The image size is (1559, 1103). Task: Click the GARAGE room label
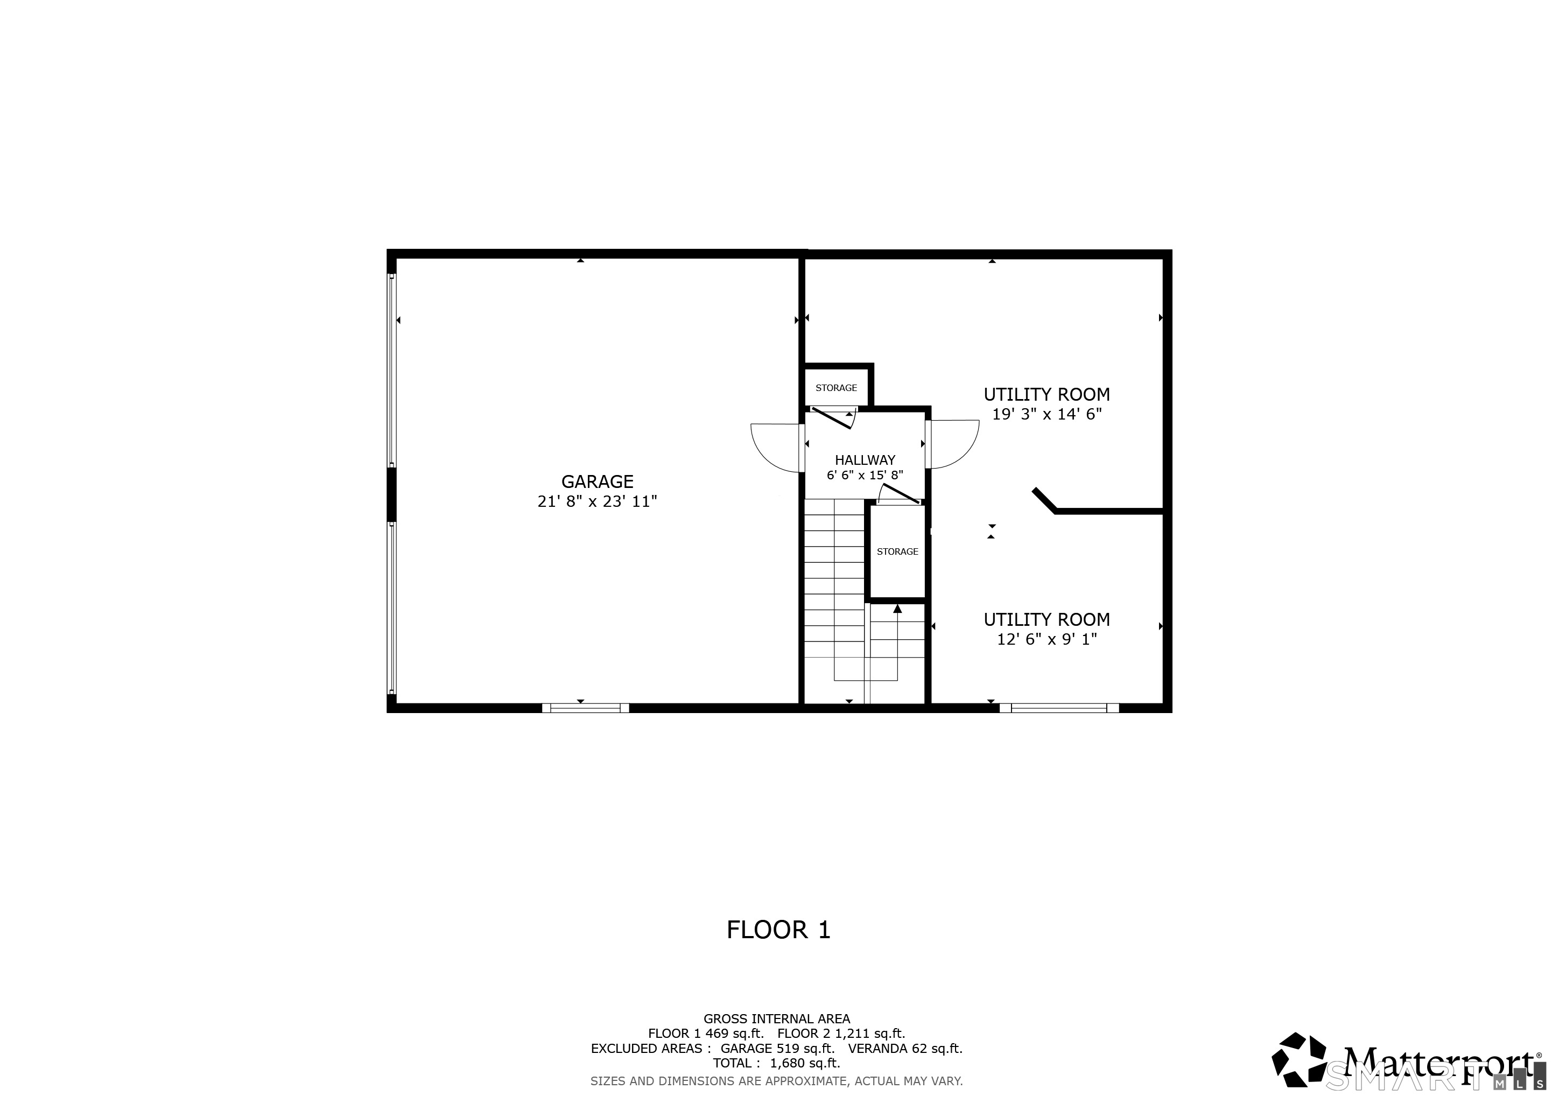point(597,481)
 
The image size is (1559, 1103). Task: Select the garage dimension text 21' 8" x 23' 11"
point(597,502)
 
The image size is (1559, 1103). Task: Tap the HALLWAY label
point(865,460)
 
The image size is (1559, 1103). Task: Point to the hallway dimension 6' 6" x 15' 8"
point(865,476)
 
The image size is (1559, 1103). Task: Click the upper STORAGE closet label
point(836,388)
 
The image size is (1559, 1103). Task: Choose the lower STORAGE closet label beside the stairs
point(897,551)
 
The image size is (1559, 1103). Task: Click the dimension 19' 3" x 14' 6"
point(1047,414)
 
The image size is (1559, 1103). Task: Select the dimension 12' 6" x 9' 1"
point(1047,639)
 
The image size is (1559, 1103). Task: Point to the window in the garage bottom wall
point(585,708)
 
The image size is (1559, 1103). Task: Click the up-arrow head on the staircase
point(897,609)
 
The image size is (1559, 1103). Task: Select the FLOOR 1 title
point(778,930)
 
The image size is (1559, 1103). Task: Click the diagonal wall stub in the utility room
point(1044,500)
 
